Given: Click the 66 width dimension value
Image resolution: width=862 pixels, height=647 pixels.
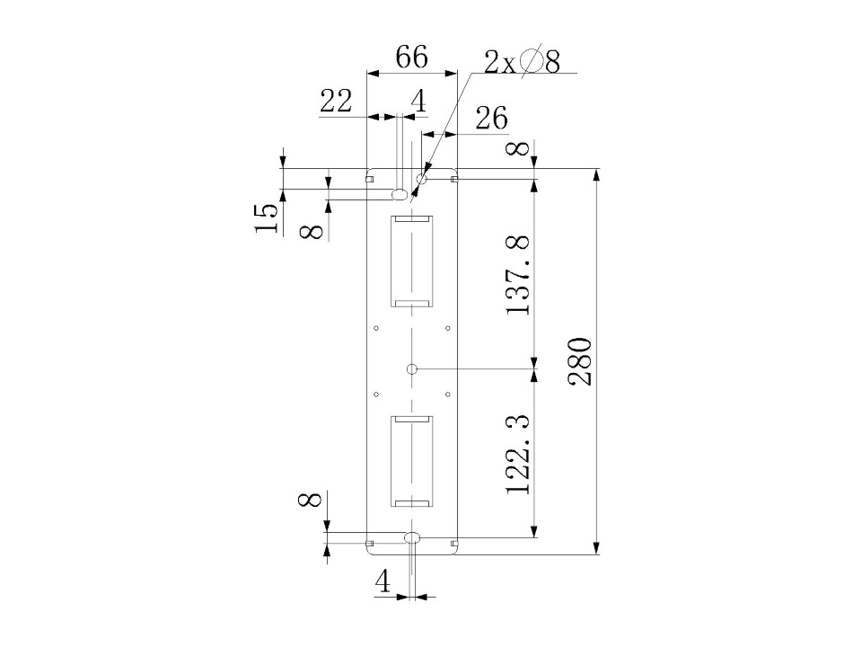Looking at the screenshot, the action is tap(411, 57).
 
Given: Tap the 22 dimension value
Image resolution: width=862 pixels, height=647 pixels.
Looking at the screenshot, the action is tap(336, 102).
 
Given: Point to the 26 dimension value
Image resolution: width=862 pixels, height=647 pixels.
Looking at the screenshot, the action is tap(491, 119).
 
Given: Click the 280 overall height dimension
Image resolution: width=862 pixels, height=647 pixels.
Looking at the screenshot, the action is tap(581, 361).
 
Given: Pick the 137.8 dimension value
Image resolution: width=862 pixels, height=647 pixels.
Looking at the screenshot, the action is tap(518, 275).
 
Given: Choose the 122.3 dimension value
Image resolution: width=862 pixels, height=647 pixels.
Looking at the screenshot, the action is tap(518, 453).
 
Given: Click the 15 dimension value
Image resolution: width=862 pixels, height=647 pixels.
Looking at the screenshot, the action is tap(267, 217).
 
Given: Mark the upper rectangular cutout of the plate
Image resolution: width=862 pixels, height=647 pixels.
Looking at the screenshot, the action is tap(411, 261).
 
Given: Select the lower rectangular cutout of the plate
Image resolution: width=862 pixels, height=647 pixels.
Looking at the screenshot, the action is tap(411, 461).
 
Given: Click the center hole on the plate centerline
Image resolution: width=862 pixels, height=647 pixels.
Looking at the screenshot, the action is tap(412, 368).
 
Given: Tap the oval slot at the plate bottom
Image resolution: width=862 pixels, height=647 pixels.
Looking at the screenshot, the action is tap(412, 537).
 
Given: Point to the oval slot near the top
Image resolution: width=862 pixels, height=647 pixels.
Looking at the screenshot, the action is tap(400, 194).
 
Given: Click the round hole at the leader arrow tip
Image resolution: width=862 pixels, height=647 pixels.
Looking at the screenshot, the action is tap(422, 179).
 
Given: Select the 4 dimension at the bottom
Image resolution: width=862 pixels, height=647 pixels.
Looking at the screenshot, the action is tap(383, 581).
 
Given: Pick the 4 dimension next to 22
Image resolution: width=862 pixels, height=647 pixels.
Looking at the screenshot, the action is tap(419, 102).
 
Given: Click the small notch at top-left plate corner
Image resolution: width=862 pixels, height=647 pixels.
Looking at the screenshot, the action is tap(370, 178).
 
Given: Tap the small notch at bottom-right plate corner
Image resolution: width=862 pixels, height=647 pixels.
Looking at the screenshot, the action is tap(454, 544).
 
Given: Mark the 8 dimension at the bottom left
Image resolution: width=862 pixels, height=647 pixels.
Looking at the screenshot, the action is tap(310, 501).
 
